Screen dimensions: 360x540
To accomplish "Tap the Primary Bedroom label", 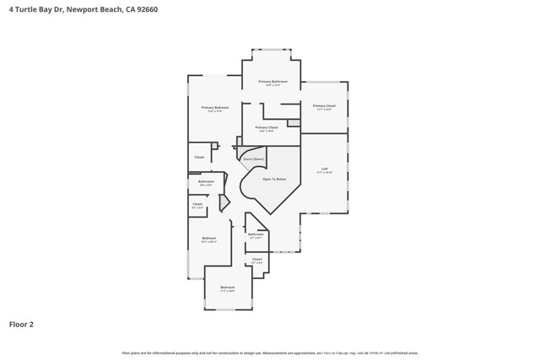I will [x=214, y=108].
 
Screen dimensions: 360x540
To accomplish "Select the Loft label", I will [x=325, y=169].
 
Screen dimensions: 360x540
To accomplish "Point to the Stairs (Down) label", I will [x=254, y=159].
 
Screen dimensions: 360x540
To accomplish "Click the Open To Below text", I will [x=274, y=180].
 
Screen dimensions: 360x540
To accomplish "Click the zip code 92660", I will [x=145, y=9].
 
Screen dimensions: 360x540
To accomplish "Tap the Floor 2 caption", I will [x=21, y=324].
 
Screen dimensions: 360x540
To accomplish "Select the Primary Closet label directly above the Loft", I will [x=326, y=106].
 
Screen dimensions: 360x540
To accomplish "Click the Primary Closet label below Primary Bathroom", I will [x=267, y=127].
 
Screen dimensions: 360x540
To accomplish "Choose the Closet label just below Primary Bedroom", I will [x=199, y=157].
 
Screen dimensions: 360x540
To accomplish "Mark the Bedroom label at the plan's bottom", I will [x=228, y=287].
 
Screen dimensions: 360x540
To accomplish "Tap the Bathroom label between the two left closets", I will [x=206, y=181].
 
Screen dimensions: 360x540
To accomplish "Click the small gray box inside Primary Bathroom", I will [x=293, y=123].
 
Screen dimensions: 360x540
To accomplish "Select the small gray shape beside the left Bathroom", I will [x=224, y=203].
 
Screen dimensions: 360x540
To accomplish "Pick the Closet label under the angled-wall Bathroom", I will [x=256, y=260].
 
